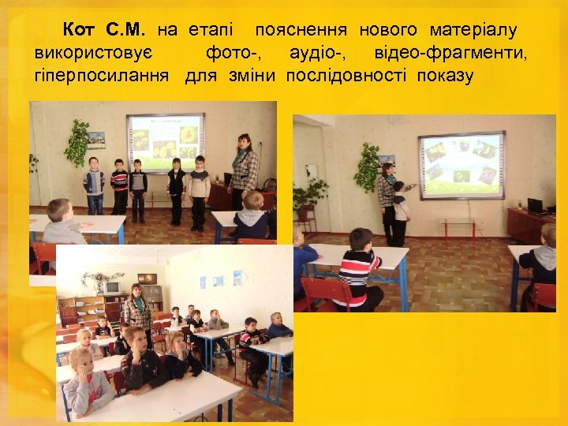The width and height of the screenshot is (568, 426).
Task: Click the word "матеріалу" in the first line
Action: tap(473, 31)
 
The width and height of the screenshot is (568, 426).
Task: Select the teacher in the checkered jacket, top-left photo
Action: tap(244, 171)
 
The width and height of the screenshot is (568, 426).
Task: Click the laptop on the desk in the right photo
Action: tap(536, 206)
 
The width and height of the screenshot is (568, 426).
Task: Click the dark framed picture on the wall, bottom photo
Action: tap(147, 278)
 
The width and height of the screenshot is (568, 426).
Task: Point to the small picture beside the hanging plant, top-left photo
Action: tap(97, 136)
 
